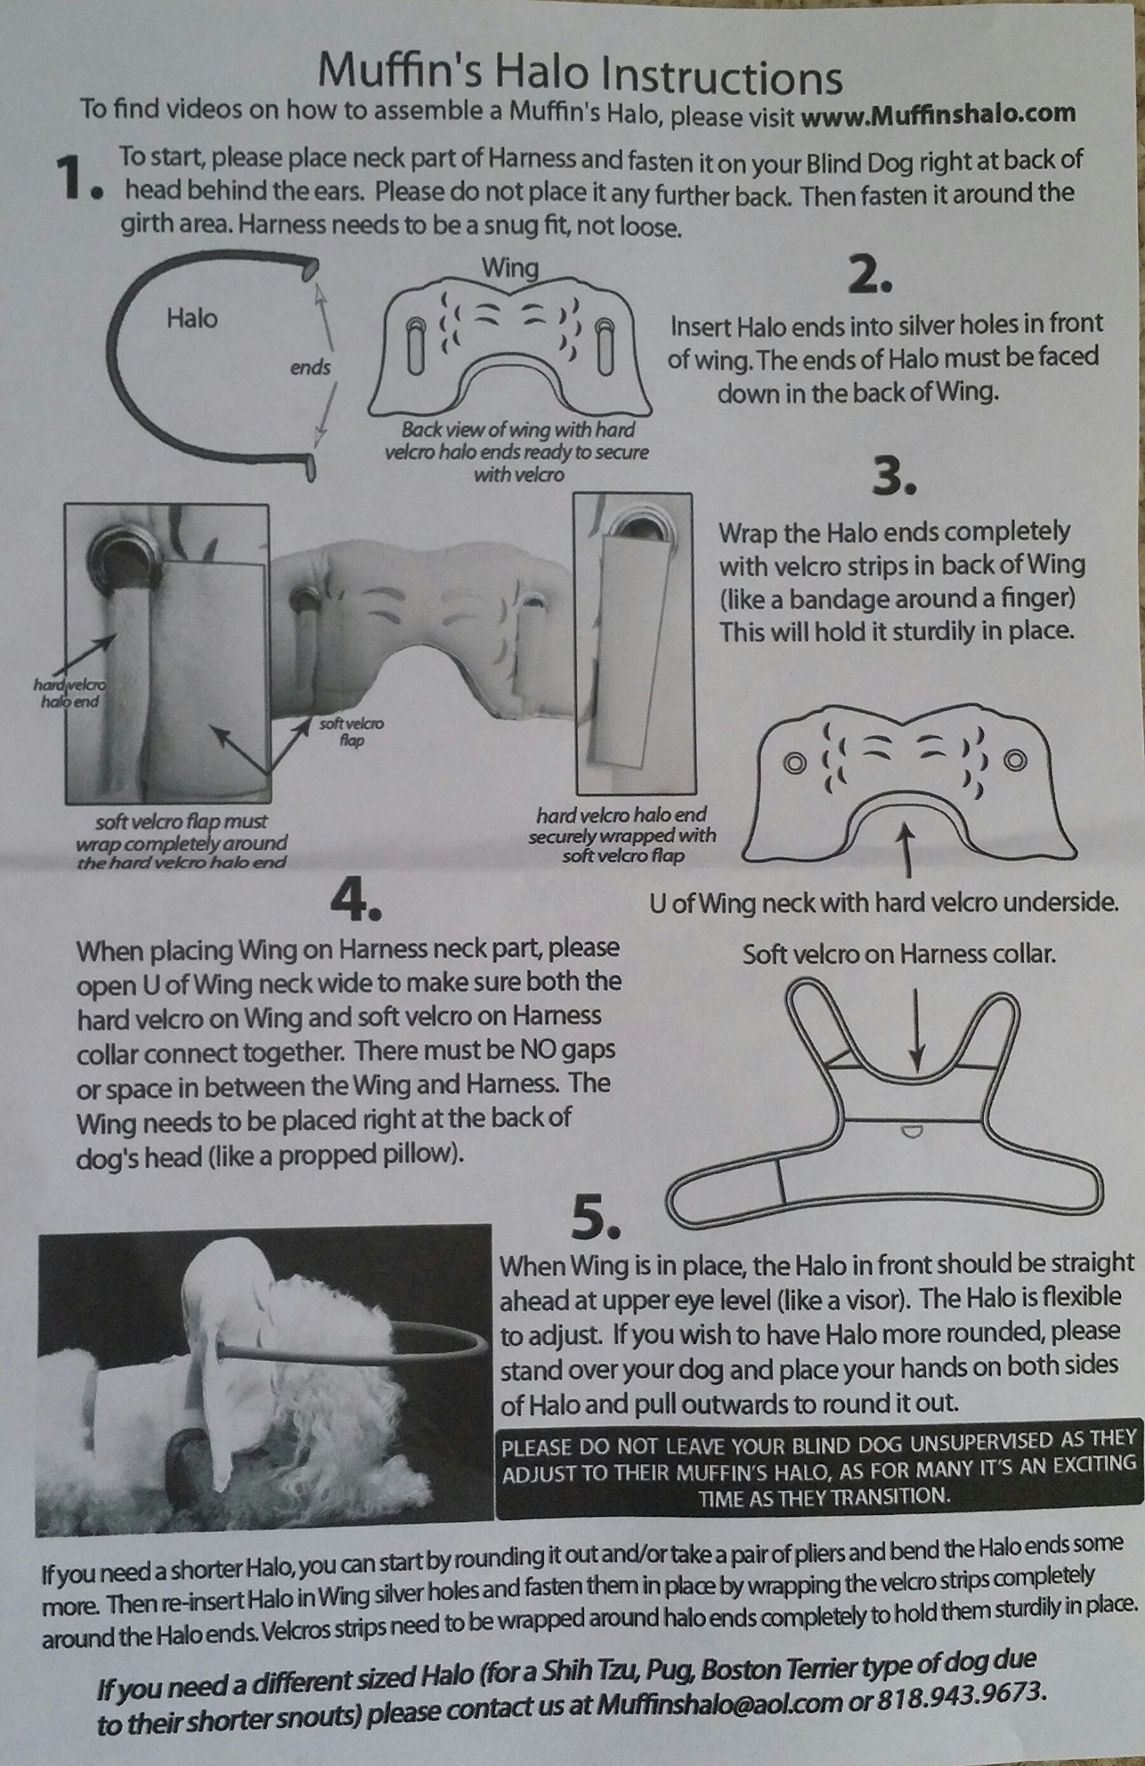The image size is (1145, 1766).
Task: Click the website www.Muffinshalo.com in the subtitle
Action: [938, 115]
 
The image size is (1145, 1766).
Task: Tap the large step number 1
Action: [77, 179]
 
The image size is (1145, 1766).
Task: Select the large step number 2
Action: [869, 277]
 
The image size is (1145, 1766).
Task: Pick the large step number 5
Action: [595, 1219]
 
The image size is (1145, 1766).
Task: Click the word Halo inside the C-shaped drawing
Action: [192, 319]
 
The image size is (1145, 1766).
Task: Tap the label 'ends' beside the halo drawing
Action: [311, 366]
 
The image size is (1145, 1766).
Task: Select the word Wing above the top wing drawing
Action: [510, 267]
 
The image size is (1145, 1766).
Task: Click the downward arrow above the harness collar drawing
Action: [919, 1028]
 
